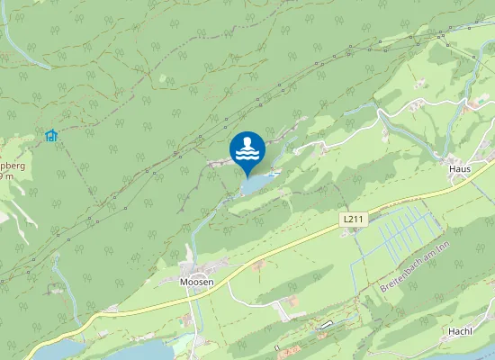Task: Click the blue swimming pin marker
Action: tap(247, 149)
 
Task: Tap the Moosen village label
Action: tap(196, 282)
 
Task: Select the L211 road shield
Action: tap(352, 220)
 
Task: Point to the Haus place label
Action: tap(459, 168)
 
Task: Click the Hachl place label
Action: tap(461, 331)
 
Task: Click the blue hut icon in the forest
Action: tap(51, 136)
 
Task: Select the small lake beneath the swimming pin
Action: tap(257, 184)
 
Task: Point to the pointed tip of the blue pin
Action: tap(247, 175)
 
